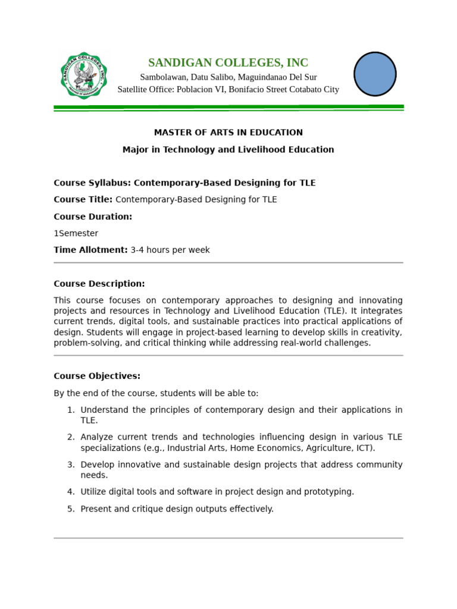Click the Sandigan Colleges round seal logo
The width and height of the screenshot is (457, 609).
[x=84, y=76]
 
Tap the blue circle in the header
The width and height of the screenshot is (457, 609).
[x=375, y=74]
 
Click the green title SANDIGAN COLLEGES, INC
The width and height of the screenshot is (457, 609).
[x=228, y=62]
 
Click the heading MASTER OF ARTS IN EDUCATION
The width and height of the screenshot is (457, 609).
[x=228, y=133]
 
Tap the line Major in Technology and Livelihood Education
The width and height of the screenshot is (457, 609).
[x=228, y=150]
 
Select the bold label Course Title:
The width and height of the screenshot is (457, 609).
[x=83, y=200]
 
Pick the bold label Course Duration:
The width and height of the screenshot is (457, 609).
[x=93, y=216]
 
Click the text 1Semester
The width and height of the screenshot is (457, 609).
[x=76, y=234]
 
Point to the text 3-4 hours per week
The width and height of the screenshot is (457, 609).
[x=170, y=250]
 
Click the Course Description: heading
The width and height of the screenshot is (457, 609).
[x=99, y=284]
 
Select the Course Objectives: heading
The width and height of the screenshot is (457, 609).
[x=97, y=376]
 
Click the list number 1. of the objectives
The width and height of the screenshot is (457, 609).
[x=70, y=410]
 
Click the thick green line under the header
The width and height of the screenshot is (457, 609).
[x=228, y=107]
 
